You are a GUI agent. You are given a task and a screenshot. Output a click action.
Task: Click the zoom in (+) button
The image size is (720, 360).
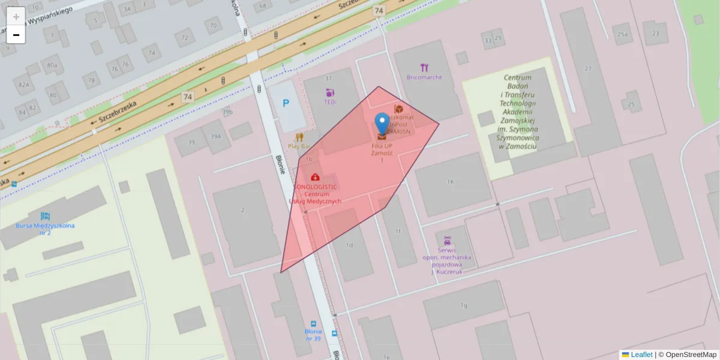pos(16,16)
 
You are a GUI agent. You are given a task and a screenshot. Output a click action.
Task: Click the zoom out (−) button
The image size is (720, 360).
pos(16,35)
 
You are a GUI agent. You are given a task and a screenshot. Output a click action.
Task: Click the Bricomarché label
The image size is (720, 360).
pos(424,77)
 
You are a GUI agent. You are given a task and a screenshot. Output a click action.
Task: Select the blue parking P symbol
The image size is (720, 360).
pos(286,104)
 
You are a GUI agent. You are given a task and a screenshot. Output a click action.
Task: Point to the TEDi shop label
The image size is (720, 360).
pos(330,102)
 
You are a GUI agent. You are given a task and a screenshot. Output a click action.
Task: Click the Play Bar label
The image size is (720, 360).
pos(299,146)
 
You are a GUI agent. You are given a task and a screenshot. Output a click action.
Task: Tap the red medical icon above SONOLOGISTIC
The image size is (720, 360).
pos(315,177)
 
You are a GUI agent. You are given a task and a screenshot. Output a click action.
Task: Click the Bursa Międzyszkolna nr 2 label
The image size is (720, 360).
pos(45,229)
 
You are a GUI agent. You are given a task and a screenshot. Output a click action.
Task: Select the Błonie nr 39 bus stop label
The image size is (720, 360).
pos(313,335)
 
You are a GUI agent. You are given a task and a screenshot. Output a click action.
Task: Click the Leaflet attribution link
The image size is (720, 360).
pos(641,355)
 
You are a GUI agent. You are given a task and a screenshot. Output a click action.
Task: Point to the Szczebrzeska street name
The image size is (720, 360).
pos(118,111)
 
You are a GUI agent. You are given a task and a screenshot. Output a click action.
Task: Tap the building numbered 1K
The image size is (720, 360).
pos(450,181)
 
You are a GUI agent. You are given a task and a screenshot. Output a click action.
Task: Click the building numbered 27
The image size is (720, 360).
pos(588,69)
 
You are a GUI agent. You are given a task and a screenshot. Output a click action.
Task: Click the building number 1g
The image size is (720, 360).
pos(463,305)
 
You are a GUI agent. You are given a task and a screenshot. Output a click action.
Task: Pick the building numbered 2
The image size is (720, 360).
pos(242,210)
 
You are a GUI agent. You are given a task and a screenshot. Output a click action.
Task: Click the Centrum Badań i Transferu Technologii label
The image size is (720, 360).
pos(518,112)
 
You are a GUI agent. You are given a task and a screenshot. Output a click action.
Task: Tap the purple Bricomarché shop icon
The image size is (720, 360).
pos(425,67)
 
